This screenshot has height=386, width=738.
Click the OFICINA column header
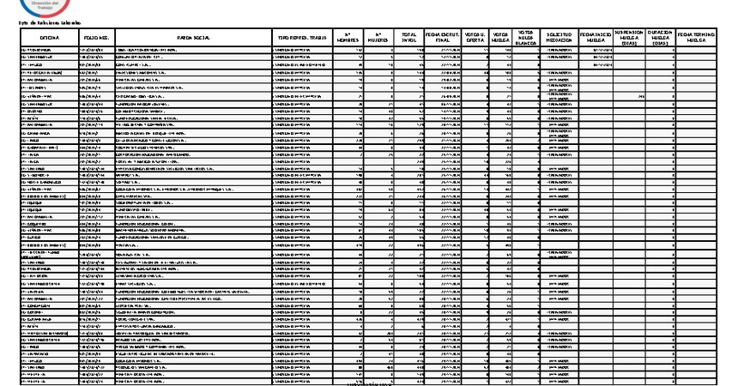(x=48, y=39)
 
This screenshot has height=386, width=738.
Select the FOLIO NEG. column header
(x=95, y=39)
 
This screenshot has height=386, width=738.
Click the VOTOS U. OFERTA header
(x=475, y=38)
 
